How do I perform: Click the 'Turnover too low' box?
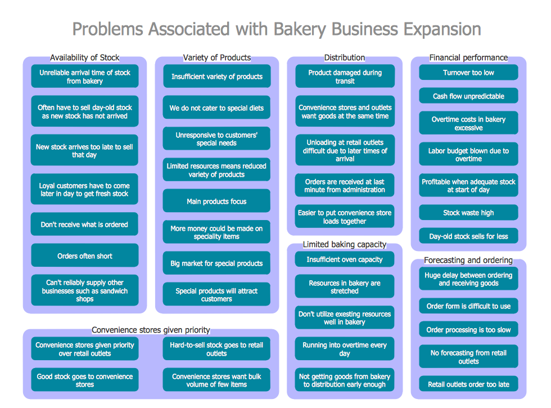pyautogui.click(x=468, y=73)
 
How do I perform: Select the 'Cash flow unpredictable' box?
pyautogui.click(x=468, y=96)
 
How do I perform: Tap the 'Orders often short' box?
pyautogui.click(x=84, y=256)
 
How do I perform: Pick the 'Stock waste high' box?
pyautogui.click(x=468, y=213)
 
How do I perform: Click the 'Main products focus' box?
pyautogui.click(x=216, y=201)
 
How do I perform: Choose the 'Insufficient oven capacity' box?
pyautogui.click(x=345, y=259)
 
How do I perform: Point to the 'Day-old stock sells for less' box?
pyautogui.click(x=468, y=236)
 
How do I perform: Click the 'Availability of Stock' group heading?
pyautogui.click(x=84, y=57)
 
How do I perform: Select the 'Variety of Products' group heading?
pyautogui.click(x=216, y=57)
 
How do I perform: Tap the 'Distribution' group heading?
pyautogui.click(x=345, y=57)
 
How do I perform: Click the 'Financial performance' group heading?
pyautogui.click(x=468, y=57)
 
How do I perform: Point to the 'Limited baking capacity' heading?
pyautogui.click(x=345, y=244)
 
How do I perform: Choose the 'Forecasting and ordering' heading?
pyautogui.click(x=468, y=260)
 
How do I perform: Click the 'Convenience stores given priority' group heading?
pyautogui.click(x=151, y=330)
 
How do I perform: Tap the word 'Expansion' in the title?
pyautogui.click(x=441, y=29)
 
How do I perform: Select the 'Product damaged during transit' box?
pyautogui.click(x=345, y=77)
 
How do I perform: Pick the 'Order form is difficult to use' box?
pyautogui.click(x=468, y=306)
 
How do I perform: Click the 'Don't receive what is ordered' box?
pyautogui.click(x=84, y=225)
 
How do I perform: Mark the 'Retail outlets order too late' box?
pyautogui.click(x=468, y=384)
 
